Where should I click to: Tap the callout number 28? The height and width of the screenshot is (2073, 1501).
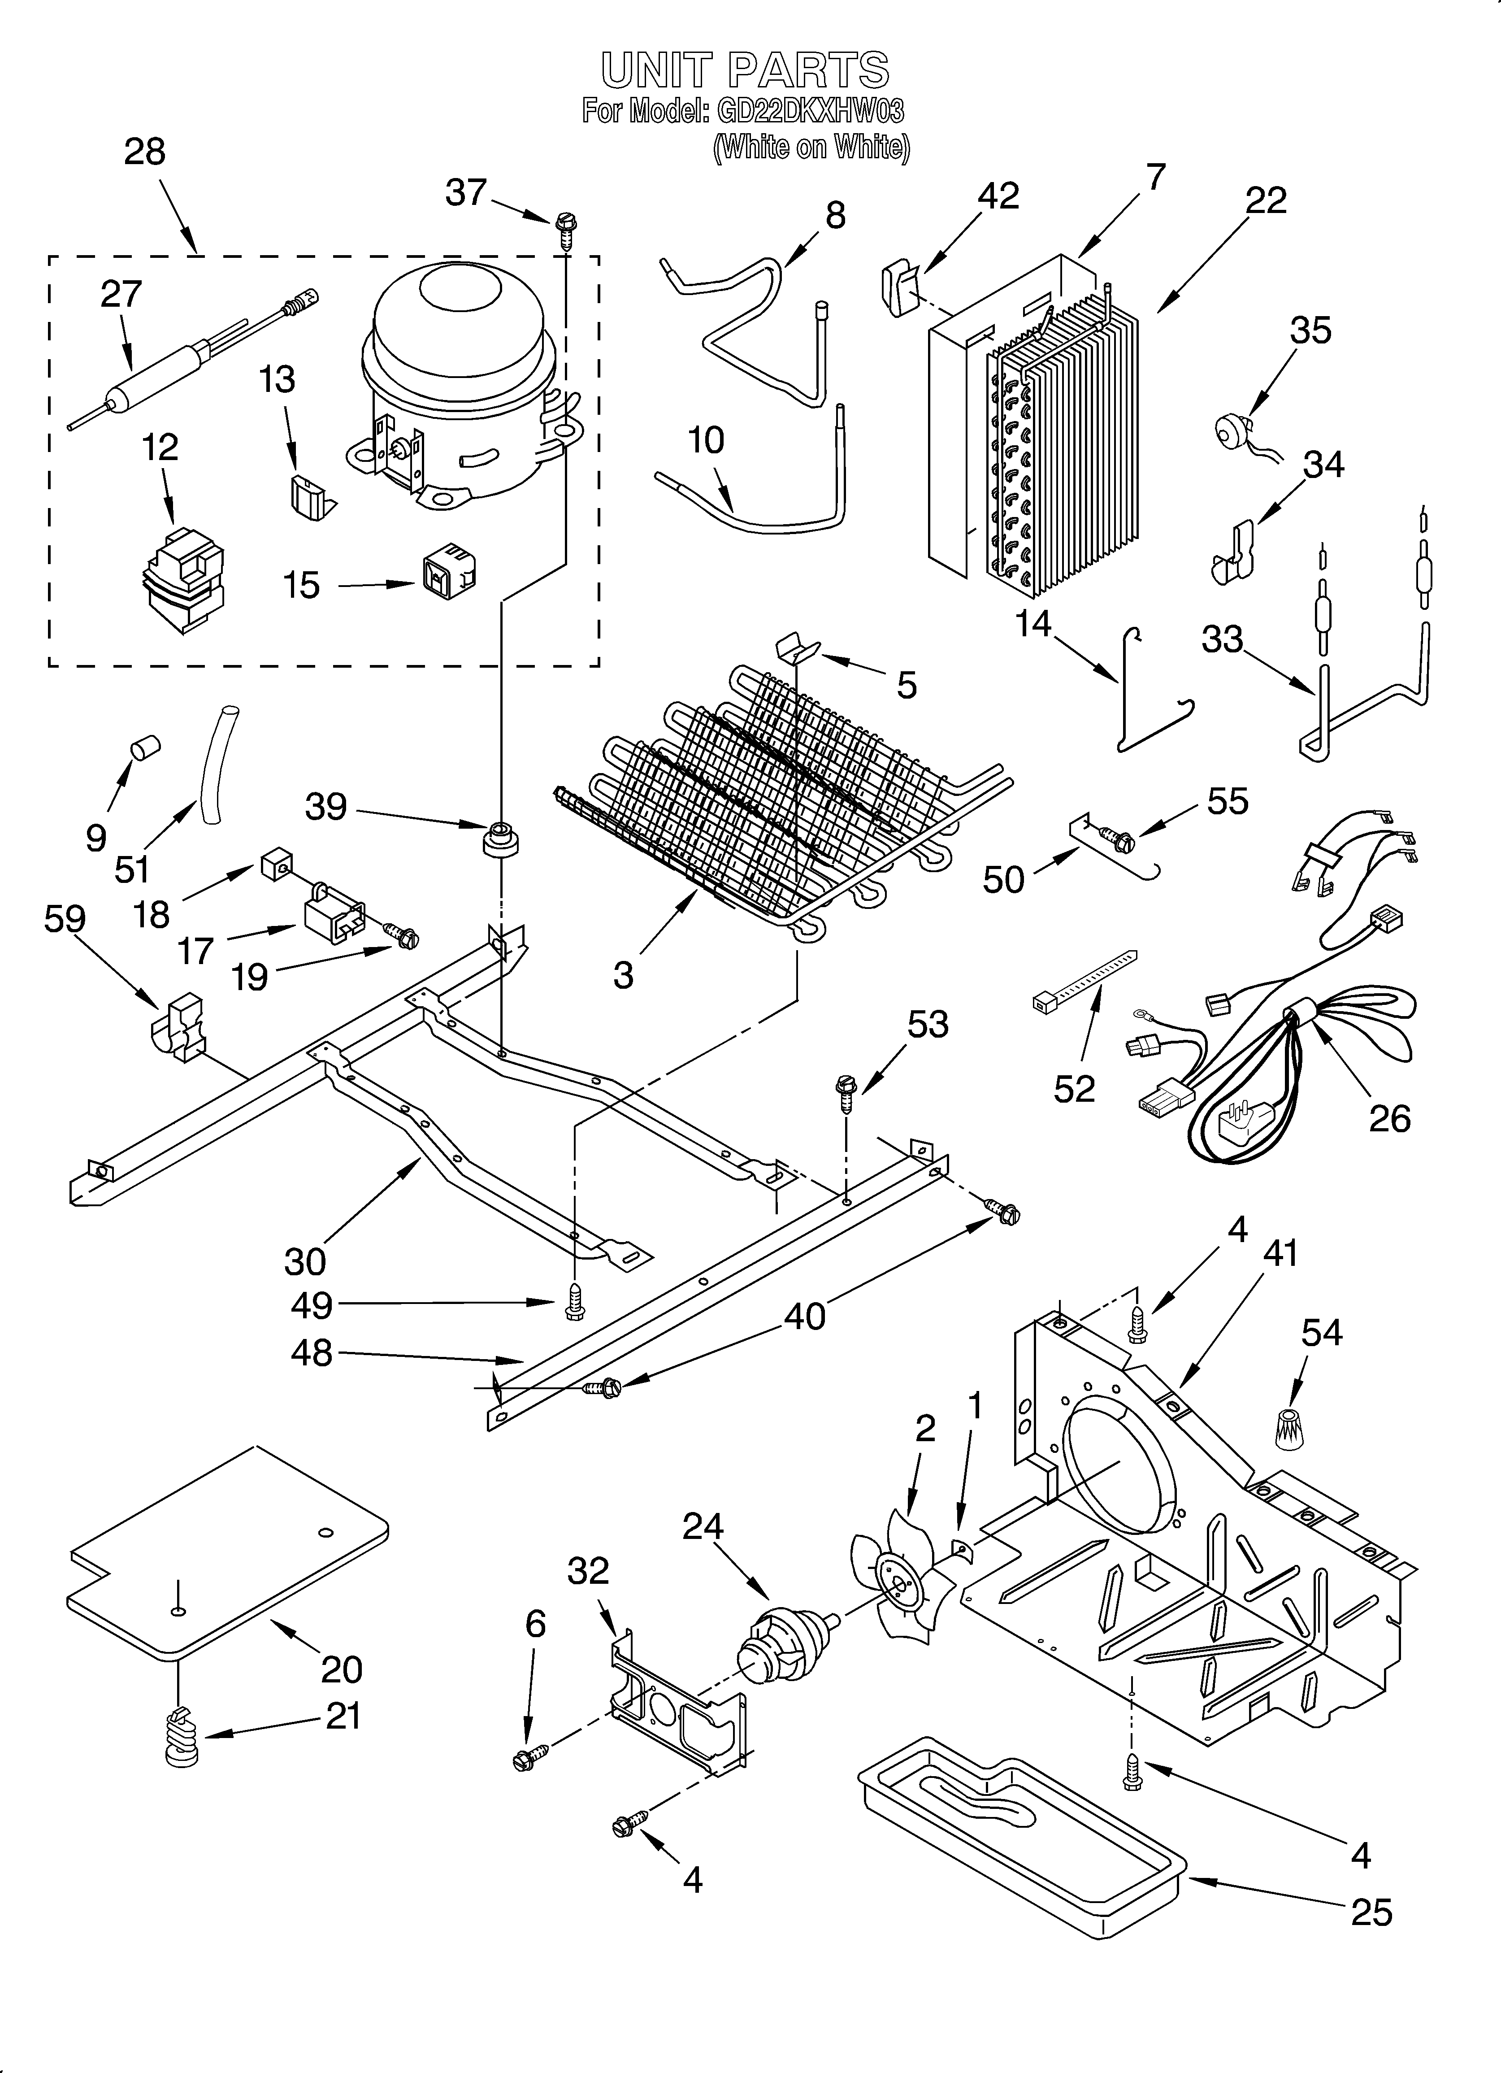pos(144,152)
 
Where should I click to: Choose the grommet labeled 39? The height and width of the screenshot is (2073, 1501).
pos(500,838)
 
